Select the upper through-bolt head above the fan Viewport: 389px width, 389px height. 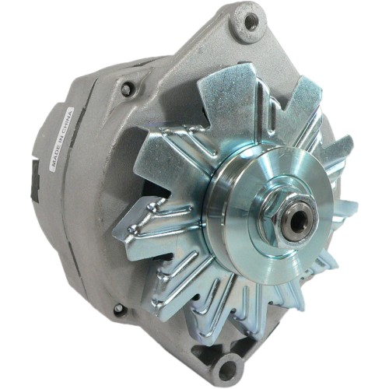pyautogui.click(x=127, y=89)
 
